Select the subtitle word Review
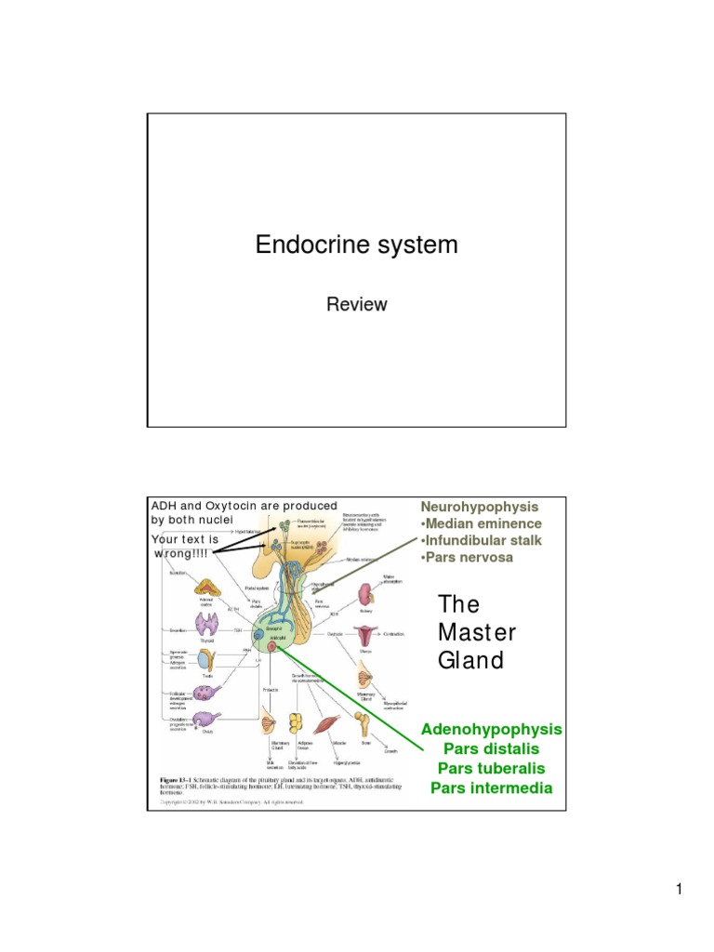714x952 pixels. pyautogui.click(x=356, y=304)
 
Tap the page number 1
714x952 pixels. pyautogui.click(x=680, y=891)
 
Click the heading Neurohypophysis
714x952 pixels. pyautogui.click(x=479, y=507)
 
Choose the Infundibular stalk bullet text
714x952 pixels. pyautogui.click(x=481, y=540)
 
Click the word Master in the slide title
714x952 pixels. pyautogui.click(x=476, y=632)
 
